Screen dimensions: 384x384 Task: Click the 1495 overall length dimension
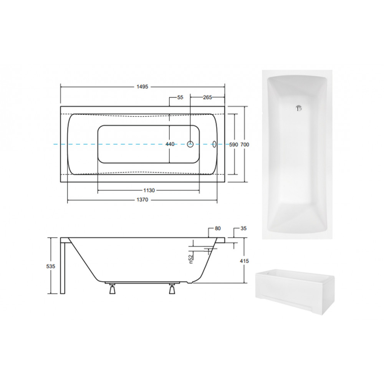tap(142, 87)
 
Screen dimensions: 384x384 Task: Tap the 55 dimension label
tap(180, 97)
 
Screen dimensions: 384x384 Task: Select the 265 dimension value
tap(207, 97)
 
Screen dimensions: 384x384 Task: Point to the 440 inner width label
tap(170, 144)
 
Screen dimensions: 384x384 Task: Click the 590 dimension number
tap(233, 144)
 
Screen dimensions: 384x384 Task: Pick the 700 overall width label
tap(245, 144)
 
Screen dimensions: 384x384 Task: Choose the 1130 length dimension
tap(149, 190)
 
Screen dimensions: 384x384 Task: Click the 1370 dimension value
tap(142, 200)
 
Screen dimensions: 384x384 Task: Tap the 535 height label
tap(51, 266)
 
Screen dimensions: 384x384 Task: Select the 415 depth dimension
tap(244, 261)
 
